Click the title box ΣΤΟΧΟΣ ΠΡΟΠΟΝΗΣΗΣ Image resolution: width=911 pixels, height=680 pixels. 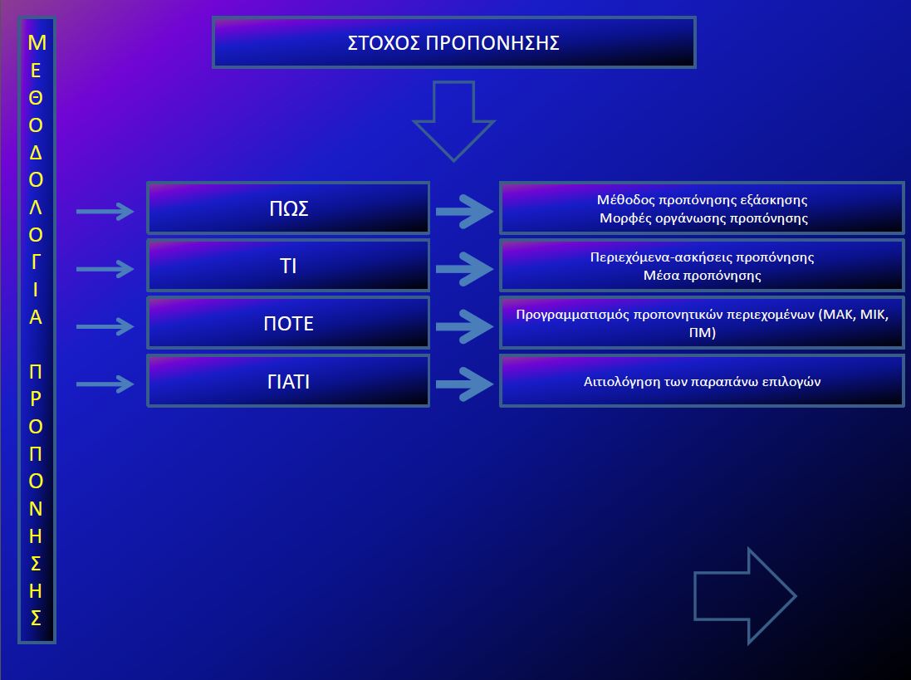pos(453,43)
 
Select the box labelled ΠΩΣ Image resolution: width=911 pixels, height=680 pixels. pos(288,208)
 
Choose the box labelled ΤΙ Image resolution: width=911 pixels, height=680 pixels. pos(288,267)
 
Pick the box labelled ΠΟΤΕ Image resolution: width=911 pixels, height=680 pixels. pos(288,323)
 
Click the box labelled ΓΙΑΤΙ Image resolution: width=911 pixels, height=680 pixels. pos(288,382)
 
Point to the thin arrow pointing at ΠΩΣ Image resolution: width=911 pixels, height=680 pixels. pos(105,212)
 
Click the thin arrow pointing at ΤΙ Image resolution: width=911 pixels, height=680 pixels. pos(105,269)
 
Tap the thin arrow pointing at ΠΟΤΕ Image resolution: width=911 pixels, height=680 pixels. pos(105,326)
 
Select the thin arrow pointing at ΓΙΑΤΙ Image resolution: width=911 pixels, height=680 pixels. pos(105,384)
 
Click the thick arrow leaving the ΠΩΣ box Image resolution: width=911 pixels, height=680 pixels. pos(464,212)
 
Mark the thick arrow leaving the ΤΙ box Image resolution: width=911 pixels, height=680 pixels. pos(464,269)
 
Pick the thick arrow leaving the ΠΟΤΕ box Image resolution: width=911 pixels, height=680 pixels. pos(464,326)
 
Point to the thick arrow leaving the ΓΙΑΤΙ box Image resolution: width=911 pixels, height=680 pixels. pos(464,384)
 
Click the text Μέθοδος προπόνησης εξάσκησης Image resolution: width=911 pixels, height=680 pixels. pos(702,200)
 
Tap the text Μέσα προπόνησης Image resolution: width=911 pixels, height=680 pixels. pos(702,275)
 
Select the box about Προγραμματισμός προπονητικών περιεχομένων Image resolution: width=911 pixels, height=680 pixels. pos(702,323)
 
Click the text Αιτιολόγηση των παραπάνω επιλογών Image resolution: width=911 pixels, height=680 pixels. pos(702,382)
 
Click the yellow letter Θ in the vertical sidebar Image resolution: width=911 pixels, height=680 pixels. pos(37,97)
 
